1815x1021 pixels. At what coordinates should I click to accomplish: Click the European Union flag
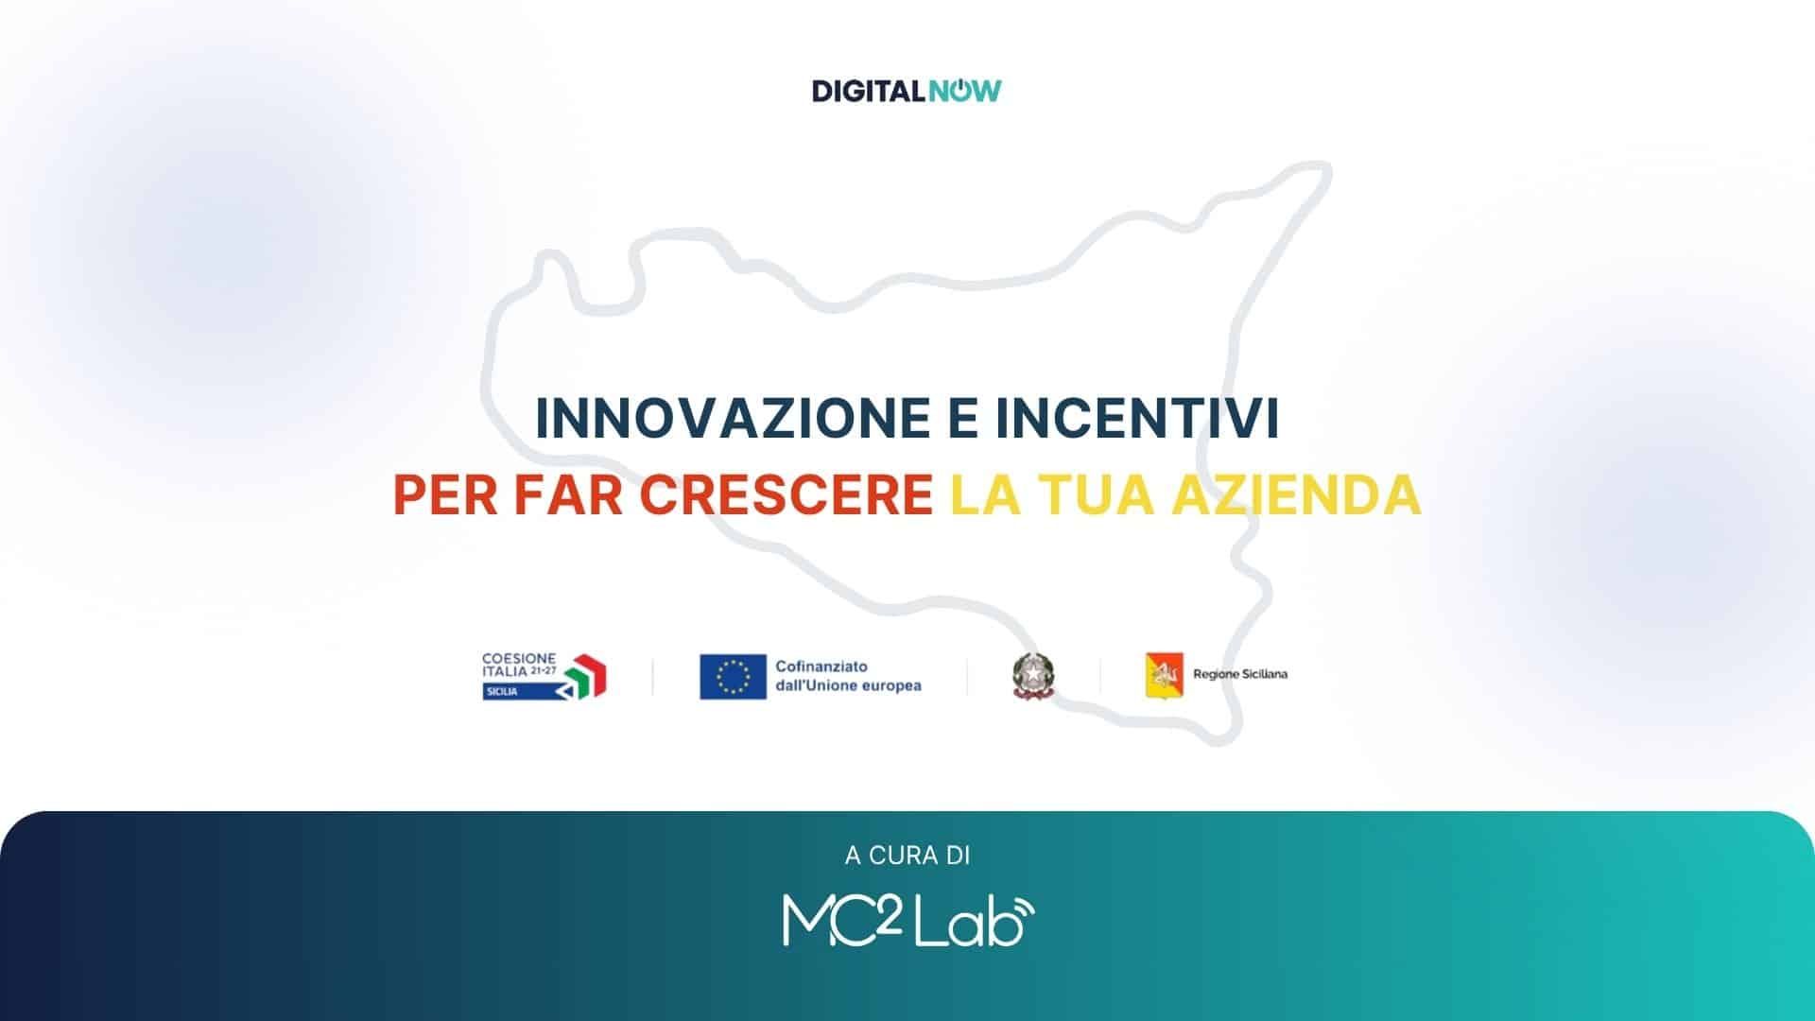(733, 677)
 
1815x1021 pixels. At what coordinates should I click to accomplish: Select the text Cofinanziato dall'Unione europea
(848, 676)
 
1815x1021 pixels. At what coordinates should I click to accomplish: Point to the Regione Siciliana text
(1240, 675)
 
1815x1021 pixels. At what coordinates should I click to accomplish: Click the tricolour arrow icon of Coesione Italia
(586, 675)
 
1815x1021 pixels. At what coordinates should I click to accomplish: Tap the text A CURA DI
(907, 856)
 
